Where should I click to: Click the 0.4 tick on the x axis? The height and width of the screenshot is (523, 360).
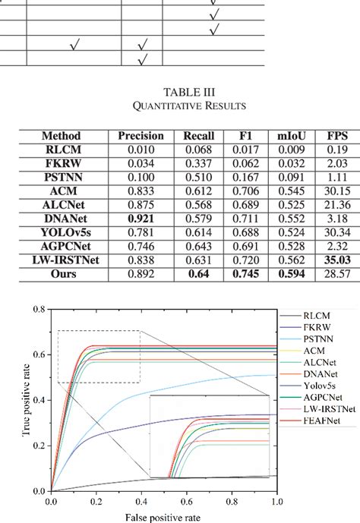141,503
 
